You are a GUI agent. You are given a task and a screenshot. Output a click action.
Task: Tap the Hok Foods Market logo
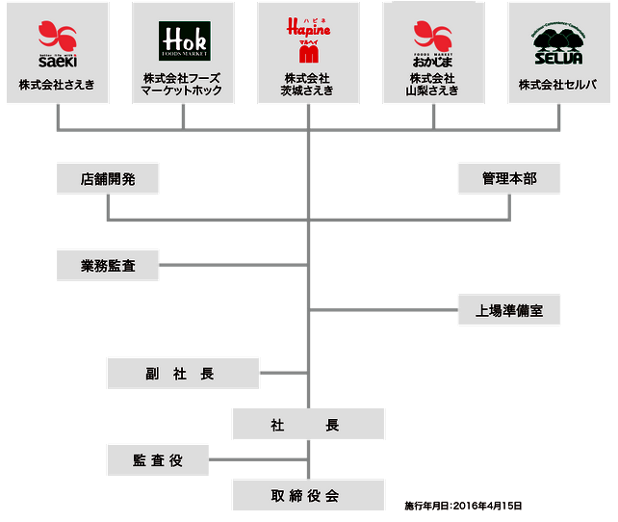point(183,41)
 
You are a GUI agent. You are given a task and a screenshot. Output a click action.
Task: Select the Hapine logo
point(308,39)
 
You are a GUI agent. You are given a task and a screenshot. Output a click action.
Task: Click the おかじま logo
point(433,41)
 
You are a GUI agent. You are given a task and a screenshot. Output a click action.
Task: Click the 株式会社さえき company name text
point(57,85)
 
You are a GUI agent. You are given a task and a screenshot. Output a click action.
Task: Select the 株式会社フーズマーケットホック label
point(183,84)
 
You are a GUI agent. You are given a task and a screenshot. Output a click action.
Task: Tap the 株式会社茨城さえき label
point(308,84)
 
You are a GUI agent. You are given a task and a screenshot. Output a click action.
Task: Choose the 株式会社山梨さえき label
point(433,84)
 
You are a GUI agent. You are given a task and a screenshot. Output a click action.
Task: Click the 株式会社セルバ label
point(559,85)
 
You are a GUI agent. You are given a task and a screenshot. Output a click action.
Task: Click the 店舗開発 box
point(107,179)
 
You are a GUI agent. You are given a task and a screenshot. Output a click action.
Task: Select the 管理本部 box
point(509,179)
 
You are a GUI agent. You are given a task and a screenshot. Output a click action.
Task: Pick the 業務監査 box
point(107,265)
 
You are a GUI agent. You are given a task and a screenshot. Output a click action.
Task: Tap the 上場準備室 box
point(509,311)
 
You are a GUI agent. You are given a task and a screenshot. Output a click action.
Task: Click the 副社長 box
point(183,374)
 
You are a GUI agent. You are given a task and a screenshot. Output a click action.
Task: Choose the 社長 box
point(308,424)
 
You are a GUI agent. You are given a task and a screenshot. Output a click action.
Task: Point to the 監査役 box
point(158,460)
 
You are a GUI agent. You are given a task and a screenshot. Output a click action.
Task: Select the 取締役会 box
point(308,495)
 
